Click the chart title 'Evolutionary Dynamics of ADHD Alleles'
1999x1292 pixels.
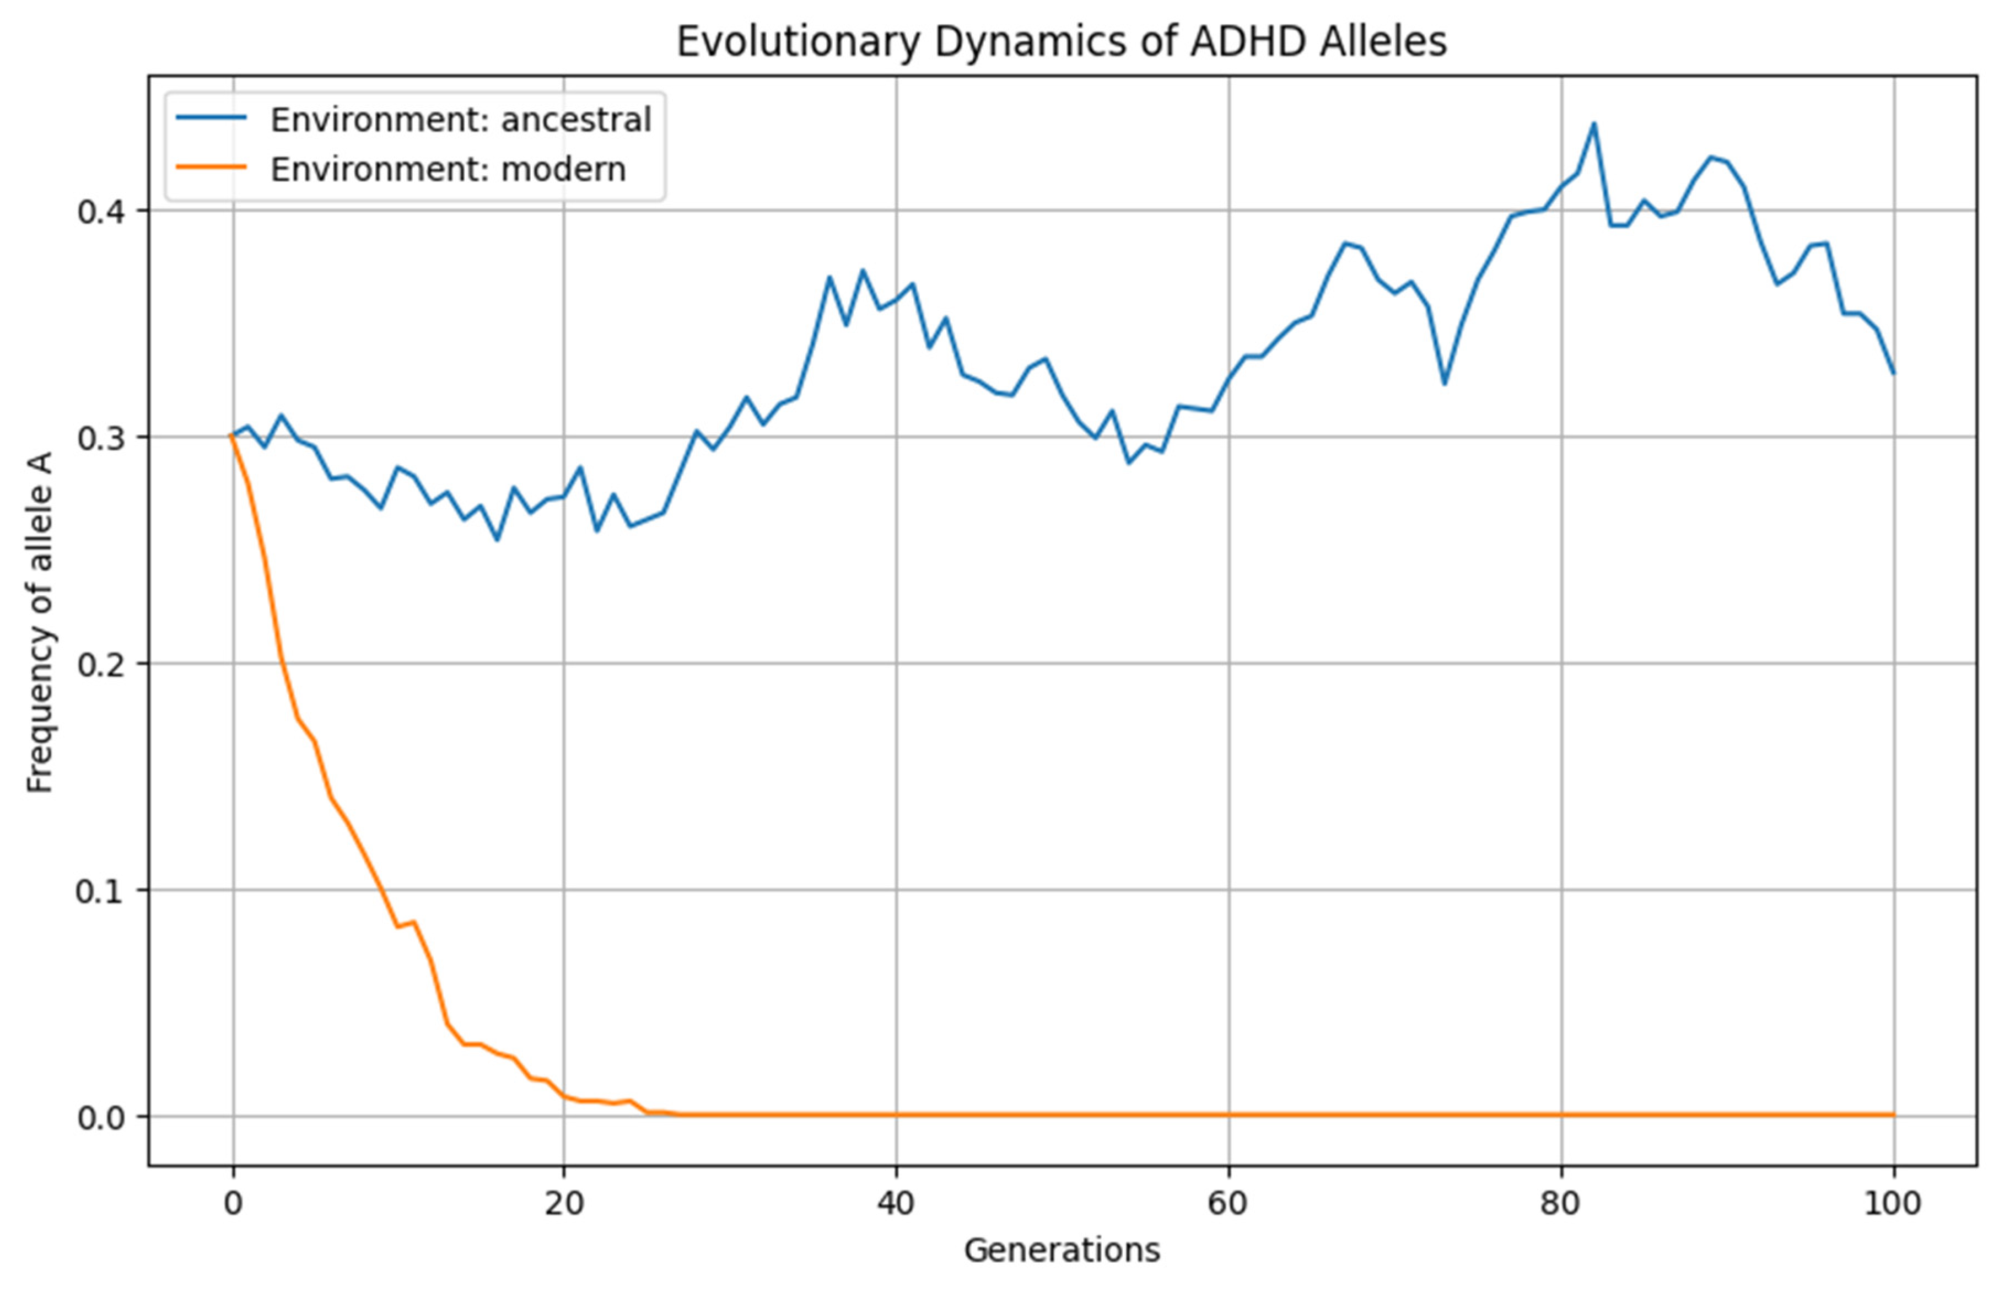[x=1061, y=42]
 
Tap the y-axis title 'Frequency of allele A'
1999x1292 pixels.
[x=40, y=622]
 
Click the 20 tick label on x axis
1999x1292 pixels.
[x=564, y=1203]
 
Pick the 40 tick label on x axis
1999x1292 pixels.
[x=896, y=1203]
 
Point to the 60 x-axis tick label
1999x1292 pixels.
[x=1228, y=1203]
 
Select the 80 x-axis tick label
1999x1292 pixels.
[x=1560, y=1203]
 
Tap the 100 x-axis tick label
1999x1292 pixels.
[x=1893, y=1203]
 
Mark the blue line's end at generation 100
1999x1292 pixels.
[x=1893, y=373]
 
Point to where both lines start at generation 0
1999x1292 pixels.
[x=233, y=436]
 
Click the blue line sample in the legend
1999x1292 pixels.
[x=212, y=119]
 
